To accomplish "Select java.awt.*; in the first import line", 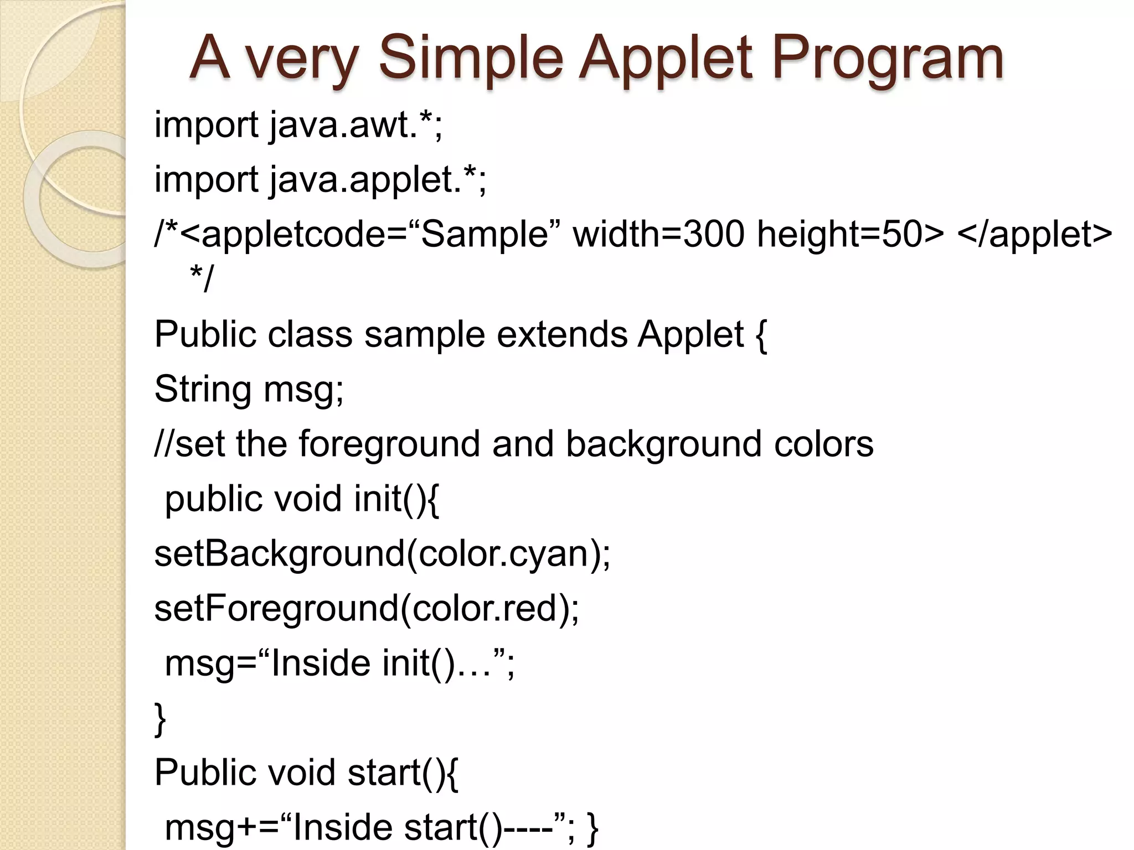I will coord(356,125).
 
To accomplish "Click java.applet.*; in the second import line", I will coord(378,180).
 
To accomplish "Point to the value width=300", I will coord(659,234).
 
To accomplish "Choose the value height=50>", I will coord(850,234).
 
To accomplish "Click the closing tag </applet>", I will coord(1034,234).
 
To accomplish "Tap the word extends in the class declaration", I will coord(562,334).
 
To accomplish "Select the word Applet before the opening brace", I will coord(690,334).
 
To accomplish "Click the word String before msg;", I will coord(203,389).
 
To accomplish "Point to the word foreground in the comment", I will coord(389,444).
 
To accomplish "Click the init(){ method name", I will coord(396,499).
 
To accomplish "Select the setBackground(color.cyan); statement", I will coord(382,553).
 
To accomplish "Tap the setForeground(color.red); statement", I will coord(367,608).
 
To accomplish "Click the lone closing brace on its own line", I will coord(160,718).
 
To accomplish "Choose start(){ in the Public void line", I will coord(403,773).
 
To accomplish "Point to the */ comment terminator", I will coord(200,278).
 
